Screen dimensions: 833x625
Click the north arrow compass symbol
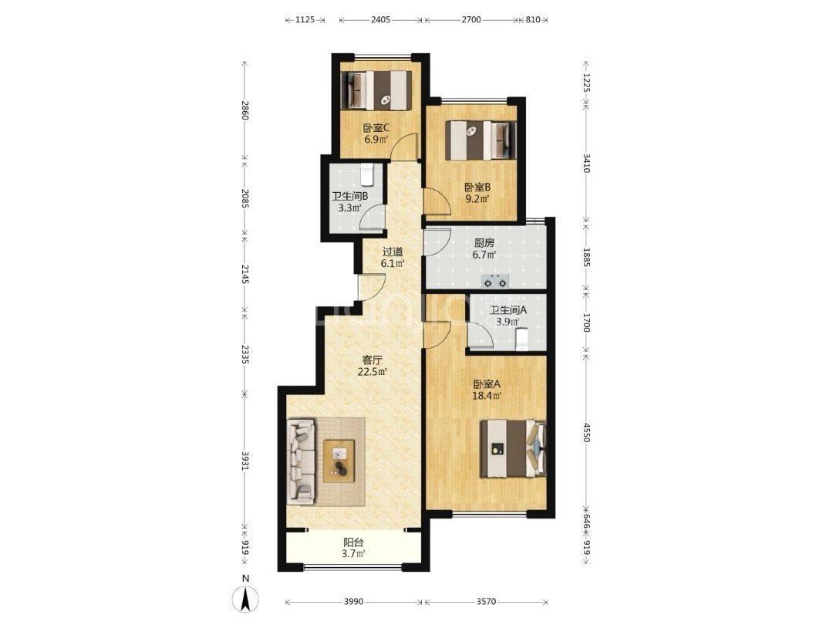245,599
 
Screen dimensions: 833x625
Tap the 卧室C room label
376,128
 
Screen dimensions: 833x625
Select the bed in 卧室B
481,140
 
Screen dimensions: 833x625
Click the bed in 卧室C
376,90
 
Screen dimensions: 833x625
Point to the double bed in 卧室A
513,448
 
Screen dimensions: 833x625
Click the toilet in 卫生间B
367,174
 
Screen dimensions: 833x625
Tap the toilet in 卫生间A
523,339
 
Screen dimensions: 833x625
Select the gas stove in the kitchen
494,281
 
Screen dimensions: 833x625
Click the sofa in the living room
302,461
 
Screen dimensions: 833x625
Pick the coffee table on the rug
339,461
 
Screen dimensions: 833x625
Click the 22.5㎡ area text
372,372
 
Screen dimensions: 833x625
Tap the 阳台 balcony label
353,542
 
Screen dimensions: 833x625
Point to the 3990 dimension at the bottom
353,602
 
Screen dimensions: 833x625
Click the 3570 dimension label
486,602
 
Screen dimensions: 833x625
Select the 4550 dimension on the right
586,433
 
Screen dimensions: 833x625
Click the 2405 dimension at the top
380,19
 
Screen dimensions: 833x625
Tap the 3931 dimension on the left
245,461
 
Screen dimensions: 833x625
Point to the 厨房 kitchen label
484,243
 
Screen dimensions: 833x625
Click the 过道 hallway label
393,252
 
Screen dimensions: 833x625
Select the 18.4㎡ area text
487,396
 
